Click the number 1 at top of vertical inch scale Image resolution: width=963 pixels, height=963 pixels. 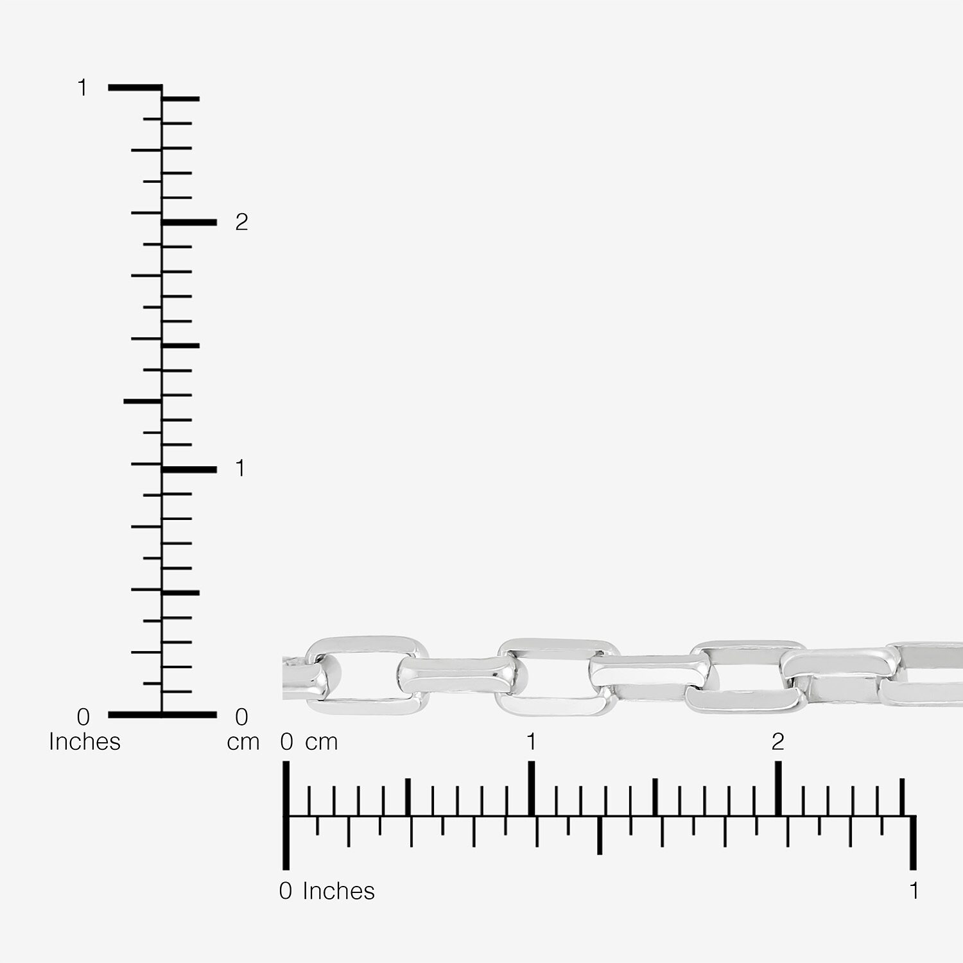[x=82, y=87]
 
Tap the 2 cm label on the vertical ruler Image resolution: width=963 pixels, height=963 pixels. [x=241, y=222]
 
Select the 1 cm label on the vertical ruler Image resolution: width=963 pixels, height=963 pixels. [x=240, y=469]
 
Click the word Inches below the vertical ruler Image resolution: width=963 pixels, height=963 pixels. [x=85, y=742]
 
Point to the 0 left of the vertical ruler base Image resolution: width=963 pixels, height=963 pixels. [x=83, y=716]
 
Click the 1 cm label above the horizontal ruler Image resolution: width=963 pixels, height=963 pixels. [x=531, y=742]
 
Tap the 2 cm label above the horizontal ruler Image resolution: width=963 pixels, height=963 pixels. [x=778, y=742]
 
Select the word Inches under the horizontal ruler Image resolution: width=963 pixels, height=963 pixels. [x=338, y=891]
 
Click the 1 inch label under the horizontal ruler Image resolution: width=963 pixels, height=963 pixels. [x=914, y=890]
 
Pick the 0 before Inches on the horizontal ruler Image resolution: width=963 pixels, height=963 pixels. [x=286, y=890]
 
